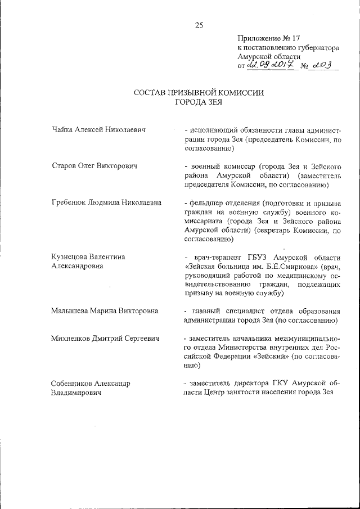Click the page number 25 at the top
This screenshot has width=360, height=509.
click(198, 25)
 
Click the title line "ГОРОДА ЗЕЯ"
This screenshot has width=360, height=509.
click(199, 102)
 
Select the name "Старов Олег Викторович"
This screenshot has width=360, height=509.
click(94, 166)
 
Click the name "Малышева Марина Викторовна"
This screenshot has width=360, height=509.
click(104, 310)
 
